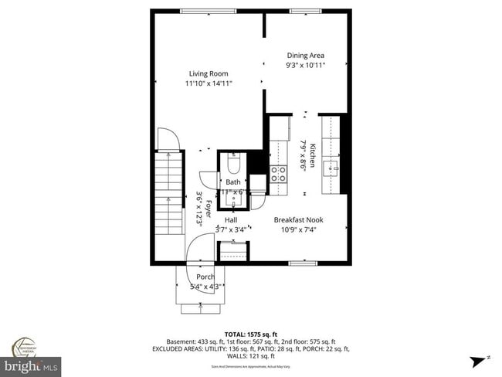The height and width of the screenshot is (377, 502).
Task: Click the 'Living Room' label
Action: [209, 73]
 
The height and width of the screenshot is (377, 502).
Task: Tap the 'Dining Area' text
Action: [305, 56]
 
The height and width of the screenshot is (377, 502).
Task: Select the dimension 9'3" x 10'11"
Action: [305, 66]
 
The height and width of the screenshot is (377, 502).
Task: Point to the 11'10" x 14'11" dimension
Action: [209, 83]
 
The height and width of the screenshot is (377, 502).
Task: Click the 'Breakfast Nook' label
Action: [298, 219]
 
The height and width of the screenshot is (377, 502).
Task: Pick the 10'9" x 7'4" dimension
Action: [298, 229]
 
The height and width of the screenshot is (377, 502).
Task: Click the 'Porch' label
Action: [205, 277]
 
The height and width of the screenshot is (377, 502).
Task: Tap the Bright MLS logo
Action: [31, 363]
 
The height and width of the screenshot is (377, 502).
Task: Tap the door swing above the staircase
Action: [168, 139]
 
